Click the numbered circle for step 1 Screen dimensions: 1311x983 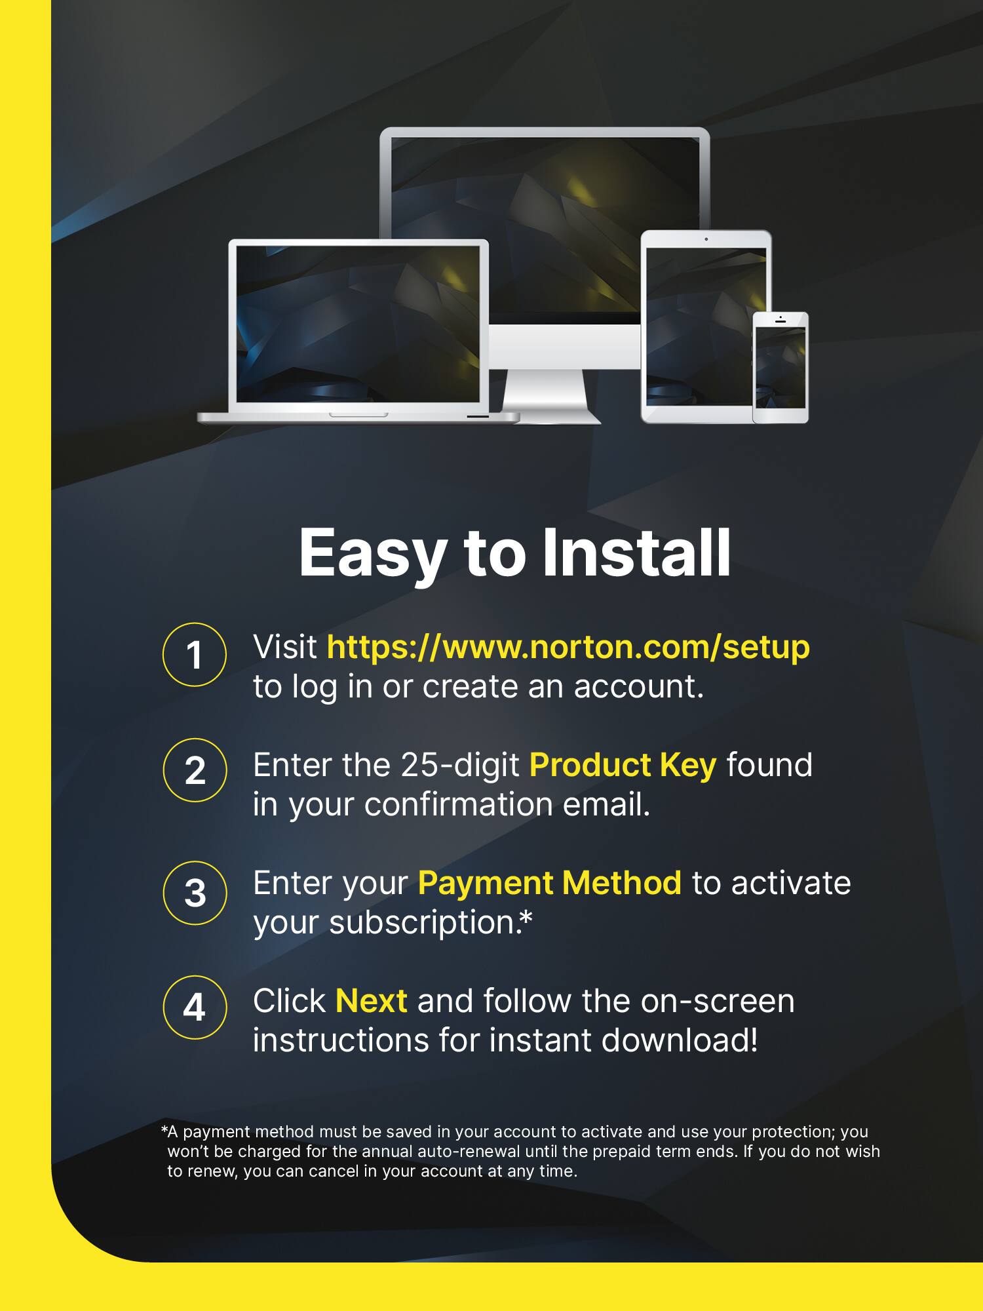pyautogui.click(x=194, y=655)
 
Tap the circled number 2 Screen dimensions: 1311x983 pyautogui.click(x=194, y=770)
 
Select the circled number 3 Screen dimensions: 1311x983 pyautogui.click(x=194, y=893)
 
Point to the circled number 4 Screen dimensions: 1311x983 pyautogui.click(x=194, y=1008)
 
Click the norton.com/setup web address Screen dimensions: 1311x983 pyautogui.click(x=568, y=647)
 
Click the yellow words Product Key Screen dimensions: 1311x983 pyautogui.click(x=623, y=765)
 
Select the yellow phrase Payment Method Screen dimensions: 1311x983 pyautogui.click(x=550, y=883)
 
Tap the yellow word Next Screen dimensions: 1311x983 pyautogui.click(x=371, y=1001)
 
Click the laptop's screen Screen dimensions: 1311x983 pyautogui.click(x=358, y=323)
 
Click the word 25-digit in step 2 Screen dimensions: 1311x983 pyautogui.click(x=459, y=765)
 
